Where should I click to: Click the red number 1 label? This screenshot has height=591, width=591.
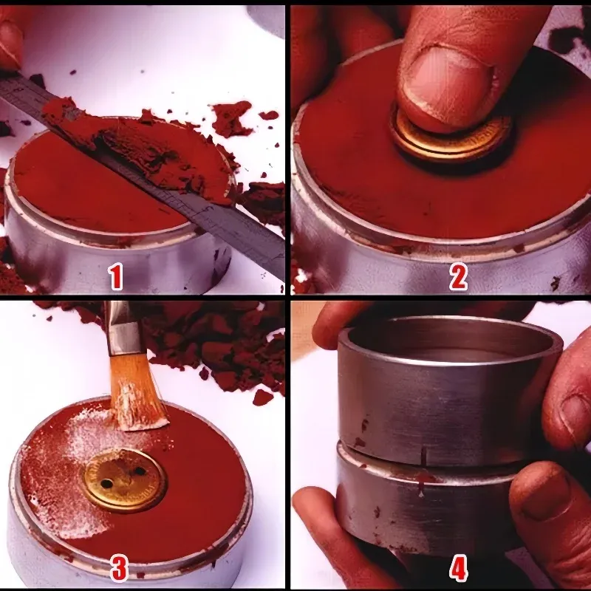click(x=115, y=276)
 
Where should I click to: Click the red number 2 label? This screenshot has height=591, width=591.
click(x=458, y=276)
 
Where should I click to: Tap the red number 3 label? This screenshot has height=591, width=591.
click(x=119, y=568)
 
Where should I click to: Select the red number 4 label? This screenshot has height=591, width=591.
click(x=458, y=568)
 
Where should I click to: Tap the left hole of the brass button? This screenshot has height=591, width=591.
click(x=106, y=483)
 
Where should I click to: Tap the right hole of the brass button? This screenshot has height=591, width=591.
click(x=140, y=471)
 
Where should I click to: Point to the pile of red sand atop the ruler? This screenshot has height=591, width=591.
click(x=147, y=147)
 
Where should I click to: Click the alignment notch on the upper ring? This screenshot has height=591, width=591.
click(x=423, y=454)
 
